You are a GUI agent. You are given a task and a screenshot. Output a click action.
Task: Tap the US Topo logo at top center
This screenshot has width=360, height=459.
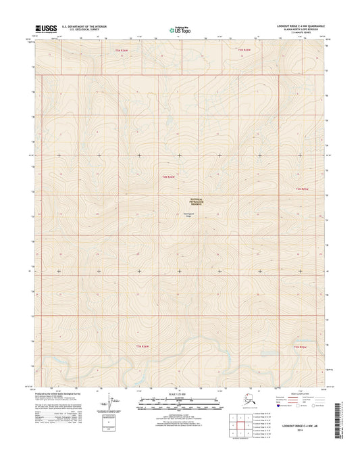(x=179, y=29)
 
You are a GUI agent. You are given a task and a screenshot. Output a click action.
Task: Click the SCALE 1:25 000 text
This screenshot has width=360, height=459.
(x=180, y=392)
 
